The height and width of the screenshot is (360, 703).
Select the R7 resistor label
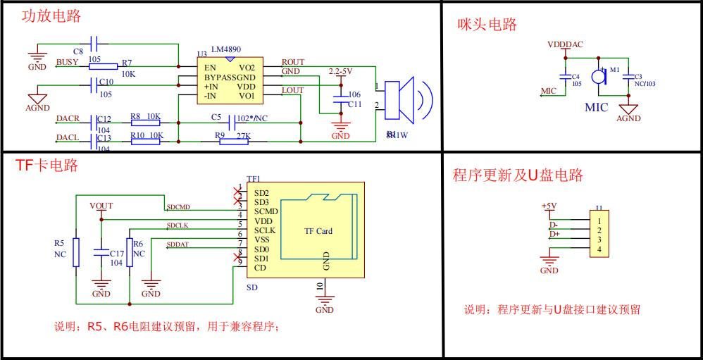click(x=127, y=62)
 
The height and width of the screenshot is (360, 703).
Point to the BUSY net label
click(x=67, y=63)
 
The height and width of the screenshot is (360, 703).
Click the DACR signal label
click(x=68, y=118)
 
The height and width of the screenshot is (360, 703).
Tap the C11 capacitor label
click(x=354, y=104)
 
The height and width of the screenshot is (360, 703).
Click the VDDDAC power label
click(x=566, y=44)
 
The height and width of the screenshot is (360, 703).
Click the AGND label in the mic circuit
click(x=628, y=118)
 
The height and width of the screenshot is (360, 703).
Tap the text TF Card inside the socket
click(x=318, y=231)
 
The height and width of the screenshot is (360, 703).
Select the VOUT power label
click(x=101, y=206)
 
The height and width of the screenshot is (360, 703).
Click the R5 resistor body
click(x=77, y=252)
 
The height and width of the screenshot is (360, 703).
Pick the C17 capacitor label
click(x=117, y=252)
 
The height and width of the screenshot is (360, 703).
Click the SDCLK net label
click(x=177, y=225)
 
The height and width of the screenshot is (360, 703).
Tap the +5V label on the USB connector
click(x=549, y=206)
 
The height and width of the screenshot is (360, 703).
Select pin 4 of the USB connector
click(x=598, y=250)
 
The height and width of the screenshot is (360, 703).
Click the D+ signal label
click(x=554, y=233)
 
